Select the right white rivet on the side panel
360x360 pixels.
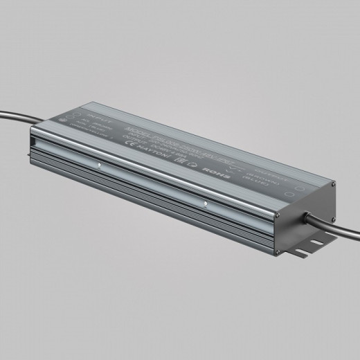tap(206, 204)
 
